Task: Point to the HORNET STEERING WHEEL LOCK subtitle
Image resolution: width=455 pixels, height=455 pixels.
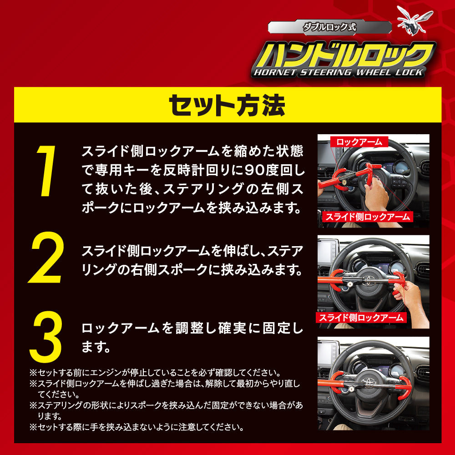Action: (x=337, y=72)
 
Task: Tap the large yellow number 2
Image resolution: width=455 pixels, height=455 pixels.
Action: (x=45, y=258)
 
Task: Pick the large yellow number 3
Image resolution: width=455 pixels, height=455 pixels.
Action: (x=45, y=337)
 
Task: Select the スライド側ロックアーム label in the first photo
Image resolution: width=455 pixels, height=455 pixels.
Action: (x=368, y=217)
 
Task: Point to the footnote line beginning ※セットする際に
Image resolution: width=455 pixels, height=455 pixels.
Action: (x=136, y=427)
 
